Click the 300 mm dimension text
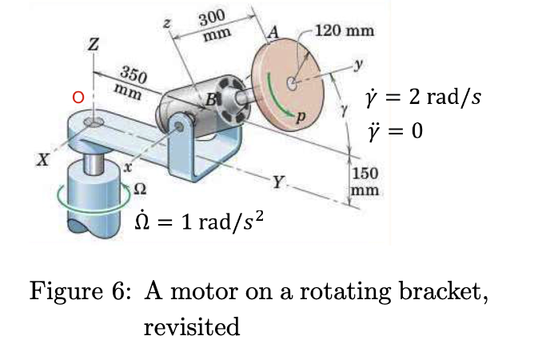tap(216, 25)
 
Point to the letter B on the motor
tap(211, 101)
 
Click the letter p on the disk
tap(301, 117)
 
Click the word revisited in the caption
tap(191, 327)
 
